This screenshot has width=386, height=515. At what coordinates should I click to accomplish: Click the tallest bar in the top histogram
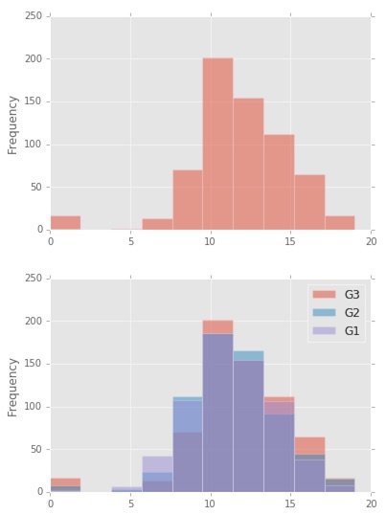tap(217, 144)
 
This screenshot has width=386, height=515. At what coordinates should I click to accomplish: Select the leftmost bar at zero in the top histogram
tap(65, 223)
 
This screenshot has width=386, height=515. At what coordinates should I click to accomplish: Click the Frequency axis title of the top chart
tap(13, 123)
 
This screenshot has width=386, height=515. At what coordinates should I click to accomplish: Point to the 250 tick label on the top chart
tap(33, 16)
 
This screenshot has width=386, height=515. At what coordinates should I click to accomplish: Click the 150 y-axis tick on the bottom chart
tap(33, 364)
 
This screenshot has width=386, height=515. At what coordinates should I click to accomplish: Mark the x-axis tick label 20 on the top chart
tap(370, 241)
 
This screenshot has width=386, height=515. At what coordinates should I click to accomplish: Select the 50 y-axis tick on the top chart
tap(35, 187)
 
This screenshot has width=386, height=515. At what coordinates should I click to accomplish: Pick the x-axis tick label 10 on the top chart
tap(210, 241)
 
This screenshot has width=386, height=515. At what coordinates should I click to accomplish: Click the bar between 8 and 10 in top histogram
tap(187, 200)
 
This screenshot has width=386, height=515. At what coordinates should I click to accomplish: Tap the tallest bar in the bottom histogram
tap(217, 412)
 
